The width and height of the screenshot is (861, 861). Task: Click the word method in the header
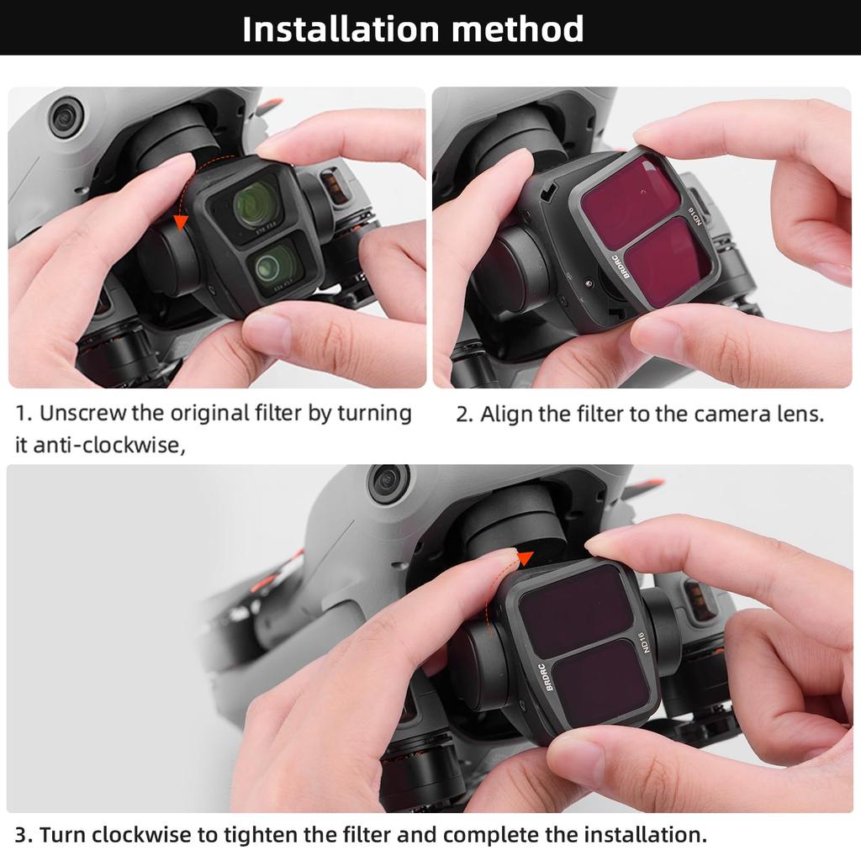[x=517, y=29]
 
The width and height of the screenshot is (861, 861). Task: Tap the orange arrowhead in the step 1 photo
[x=180, y=223]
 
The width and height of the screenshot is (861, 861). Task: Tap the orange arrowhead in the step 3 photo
[x=526, y=558]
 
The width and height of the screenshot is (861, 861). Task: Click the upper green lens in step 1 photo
[x=257, y=204]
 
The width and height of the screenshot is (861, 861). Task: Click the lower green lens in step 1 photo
[x=276, y=265]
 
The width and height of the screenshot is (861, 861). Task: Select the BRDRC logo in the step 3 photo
[x=547, y=677]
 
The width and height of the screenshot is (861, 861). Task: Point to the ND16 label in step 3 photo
[x=644, y=642]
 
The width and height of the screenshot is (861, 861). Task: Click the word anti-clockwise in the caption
[x=108, y=445]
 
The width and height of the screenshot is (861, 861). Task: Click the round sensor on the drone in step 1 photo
[x=66, y=117]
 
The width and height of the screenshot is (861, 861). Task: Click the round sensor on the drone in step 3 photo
[x=388, y=480]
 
